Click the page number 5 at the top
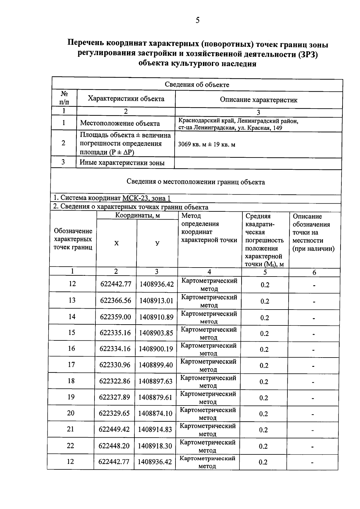(197, 20)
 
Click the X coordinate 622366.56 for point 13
(115, 301)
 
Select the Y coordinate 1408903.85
(156, 333)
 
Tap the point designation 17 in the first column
(71, 365)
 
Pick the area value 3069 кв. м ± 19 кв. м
(207, 145)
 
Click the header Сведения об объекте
(197, 85)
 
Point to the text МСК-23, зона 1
(147, 198)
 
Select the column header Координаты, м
(137, 216)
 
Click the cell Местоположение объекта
(120, 123)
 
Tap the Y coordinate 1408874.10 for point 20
(155, 414)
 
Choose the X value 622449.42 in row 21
(114, 430)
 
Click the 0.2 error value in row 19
(264, 398)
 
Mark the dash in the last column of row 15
(313, 334)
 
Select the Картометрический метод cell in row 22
(208, 446)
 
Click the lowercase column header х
(116, 243)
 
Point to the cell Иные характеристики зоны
(122, 163)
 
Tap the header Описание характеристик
(259, 100)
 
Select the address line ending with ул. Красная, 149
(230, 128)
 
